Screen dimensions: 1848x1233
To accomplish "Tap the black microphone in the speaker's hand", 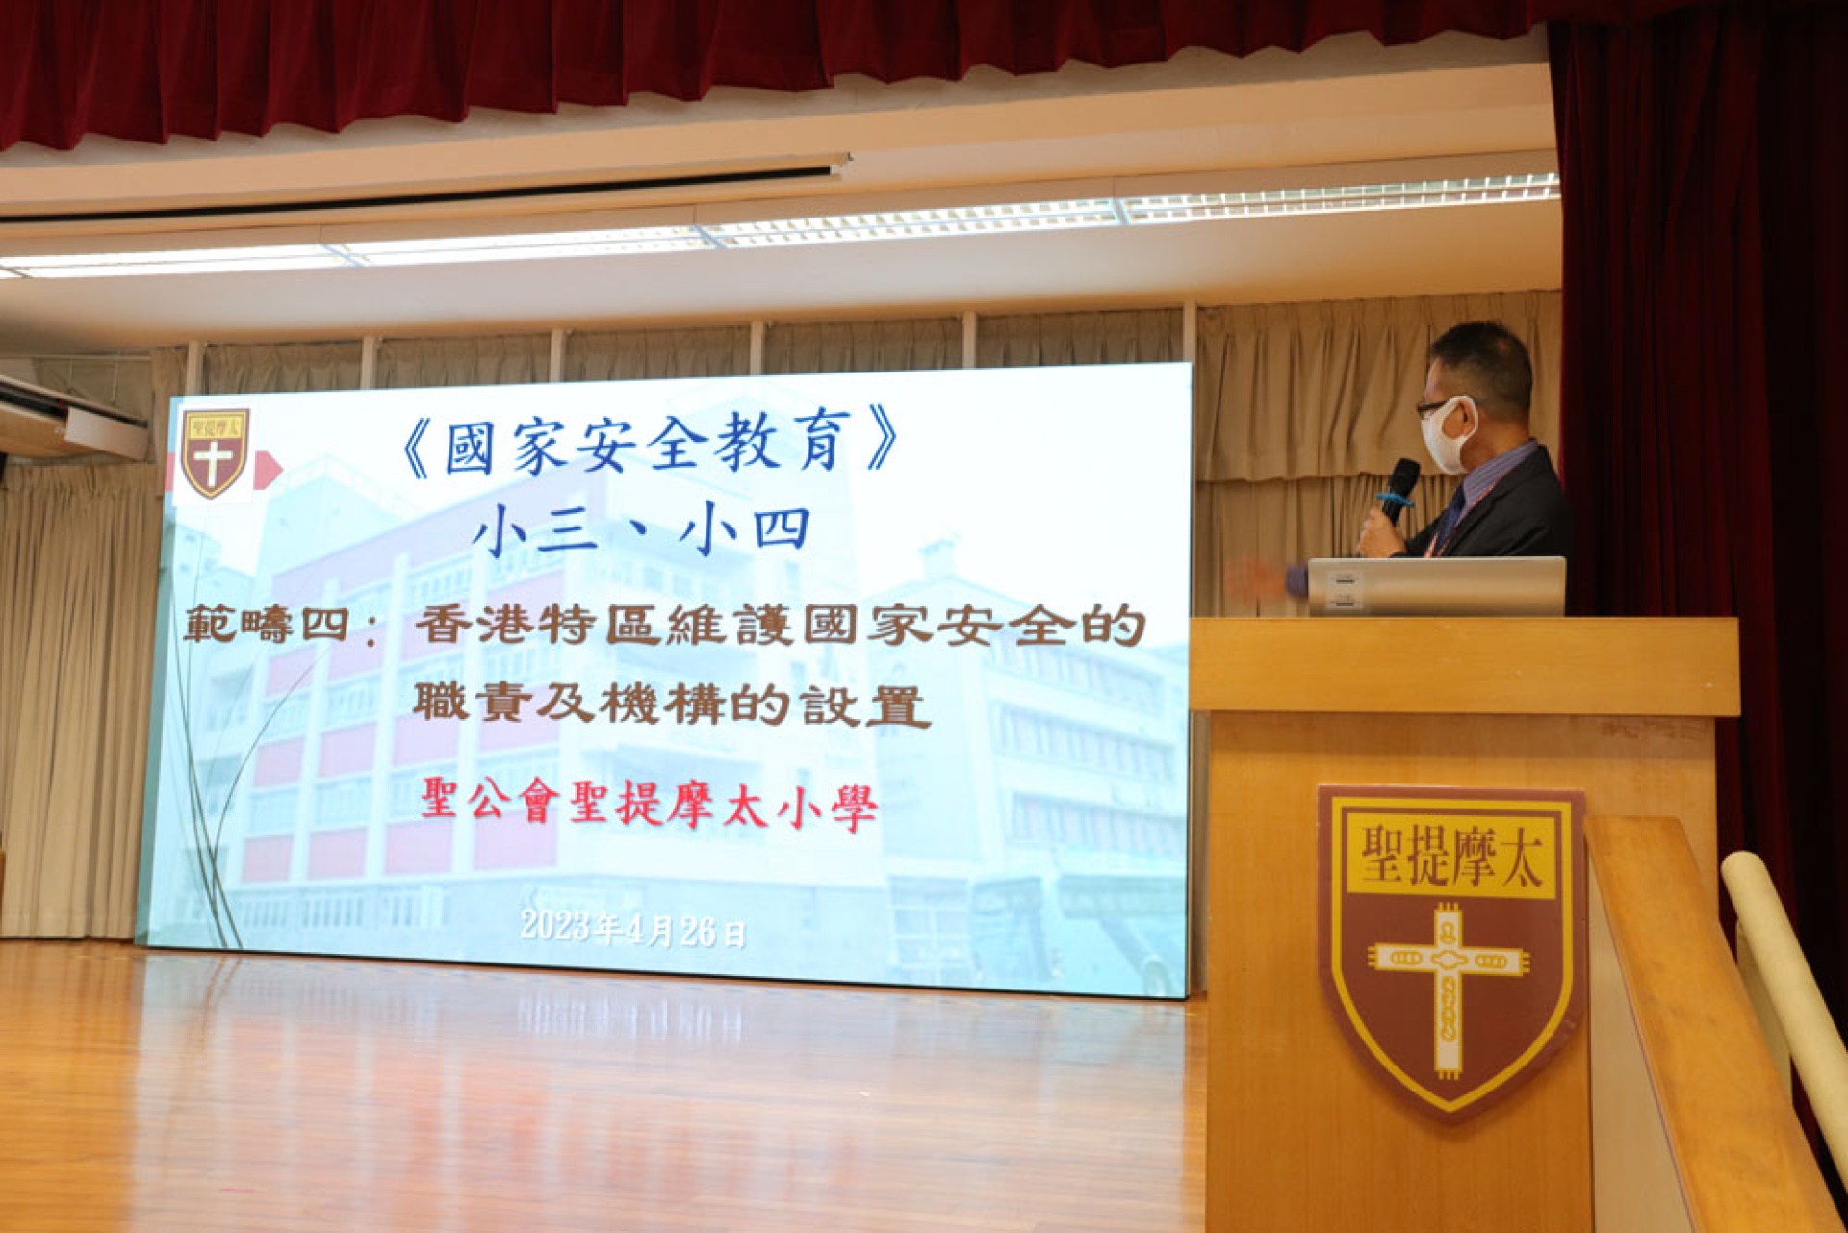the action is [1398, 491].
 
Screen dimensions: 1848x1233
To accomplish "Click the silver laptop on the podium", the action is [1436, 585].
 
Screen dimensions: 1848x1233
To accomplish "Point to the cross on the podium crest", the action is [1449, 989].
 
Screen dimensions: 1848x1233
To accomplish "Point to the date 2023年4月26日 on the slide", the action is [632, 929].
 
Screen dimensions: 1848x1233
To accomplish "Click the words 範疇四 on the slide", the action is [265, 626].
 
